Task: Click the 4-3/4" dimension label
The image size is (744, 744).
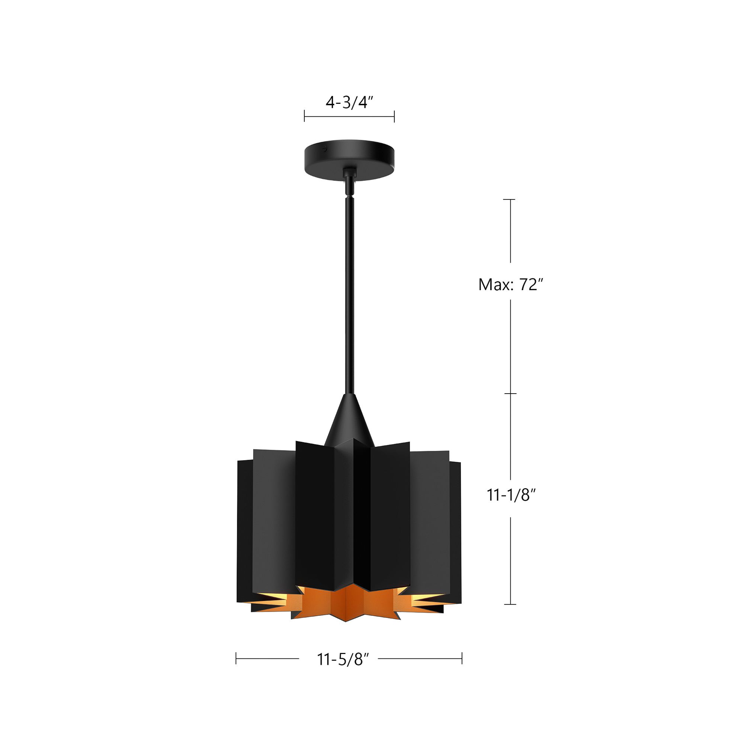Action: (350, 103)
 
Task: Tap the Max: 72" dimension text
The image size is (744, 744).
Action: (511, 285)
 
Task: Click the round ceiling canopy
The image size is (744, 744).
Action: (349, 160)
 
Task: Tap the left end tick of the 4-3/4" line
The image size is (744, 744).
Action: (305, 116)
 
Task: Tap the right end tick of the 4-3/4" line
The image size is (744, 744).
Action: (394, 116)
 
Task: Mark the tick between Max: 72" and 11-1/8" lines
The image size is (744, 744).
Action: (510, 394)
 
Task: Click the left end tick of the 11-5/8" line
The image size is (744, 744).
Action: (236, 658)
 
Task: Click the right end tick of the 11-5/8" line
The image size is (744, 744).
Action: (462, 658)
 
